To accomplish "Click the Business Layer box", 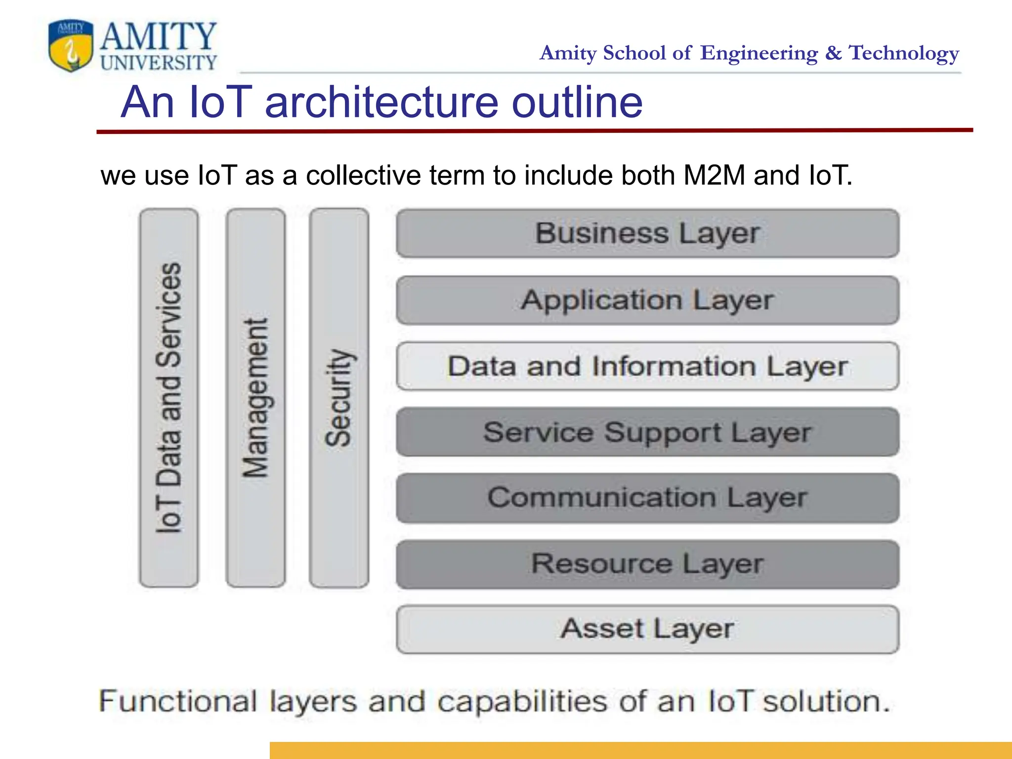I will pos(647,233).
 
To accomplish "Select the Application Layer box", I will pos(647,300).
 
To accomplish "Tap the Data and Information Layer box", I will pos(647,366).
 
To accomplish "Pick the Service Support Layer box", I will pos(647,432).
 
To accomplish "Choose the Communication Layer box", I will pos(647,498).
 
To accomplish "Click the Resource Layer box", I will pos(647,564).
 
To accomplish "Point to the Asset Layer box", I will pos(647,629).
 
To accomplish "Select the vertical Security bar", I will pos(339,398).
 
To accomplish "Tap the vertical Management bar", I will pos(255,398).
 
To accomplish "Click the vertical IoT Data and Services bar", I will pos(169,398).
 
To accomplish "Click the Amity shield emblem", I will pos(71,45).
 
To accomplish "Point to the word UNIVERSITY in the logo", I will pos(159,63).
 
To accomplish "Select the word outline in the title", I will pos(577,102).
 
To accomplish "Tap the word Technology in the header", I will pos(904,53).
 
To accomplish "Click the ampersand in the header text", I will pos(833,53).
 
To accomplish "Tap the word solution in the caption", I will pos(826,701).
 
